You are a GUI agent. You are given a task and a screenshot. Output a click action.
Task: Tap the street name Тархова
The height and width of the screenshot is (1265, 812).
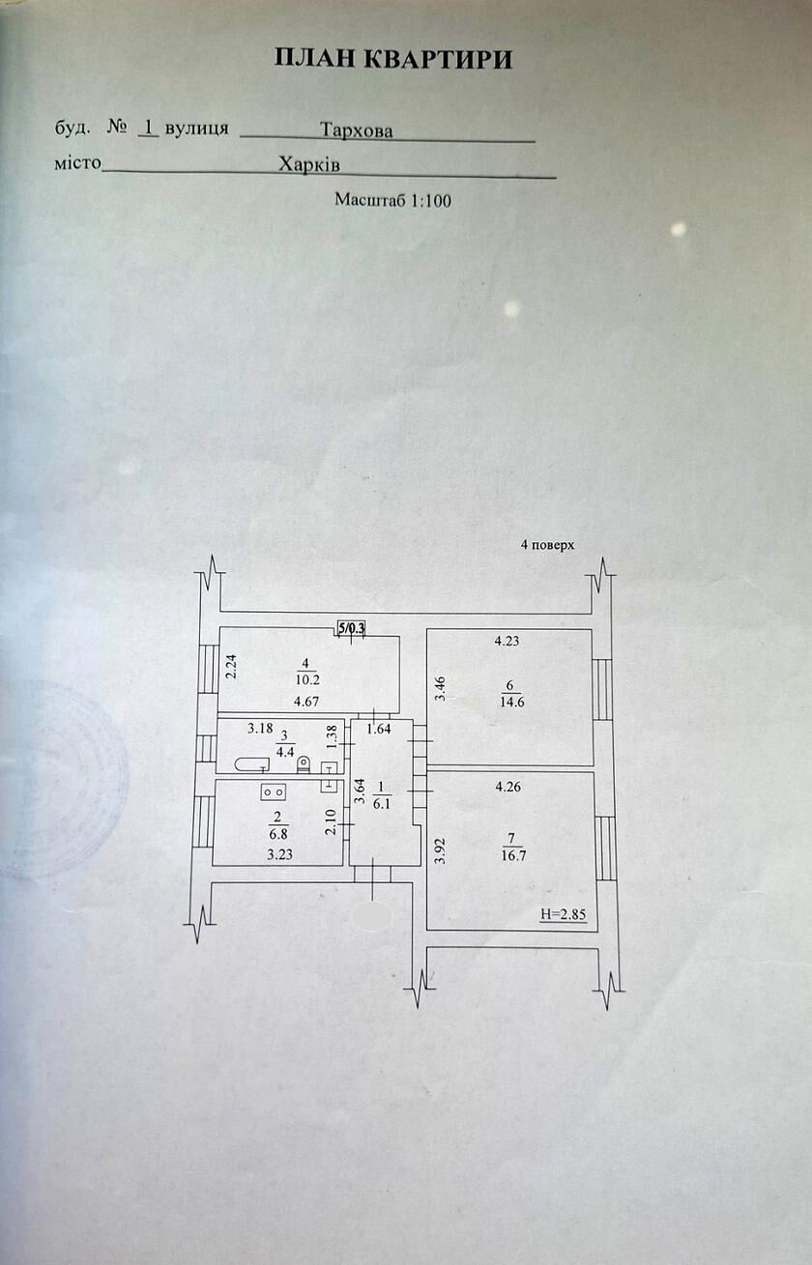(x=357, y=130)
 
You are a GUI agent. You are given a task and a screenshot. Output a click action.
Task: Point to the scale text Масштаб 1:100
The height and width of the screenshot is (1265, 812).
(x=392, y=200)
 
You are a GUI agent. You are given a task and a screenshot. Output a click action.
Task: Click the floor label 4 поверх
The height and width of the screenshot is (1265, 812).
(x=547, y=545)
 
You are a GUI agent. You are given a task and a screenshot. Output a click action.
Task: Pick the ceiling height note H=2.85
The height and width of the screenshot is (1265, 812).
(x=563, y=913)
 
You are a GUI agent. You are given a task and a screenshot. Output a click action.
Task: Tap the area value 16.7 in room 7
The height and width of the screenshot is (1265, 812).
(x=513, y=855)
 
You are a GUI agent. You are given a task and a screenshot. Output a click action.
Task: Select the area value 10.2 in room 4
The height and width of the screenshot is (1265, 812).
(x=307, y=679)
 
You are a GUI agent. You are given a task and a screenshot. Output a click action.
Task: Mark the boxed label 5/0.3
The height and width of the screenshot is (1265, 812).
(x=352, y=627)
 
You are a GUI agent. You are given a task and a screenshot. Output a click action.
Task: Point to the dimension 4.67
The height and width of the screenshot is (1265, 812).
(x=306, y=702)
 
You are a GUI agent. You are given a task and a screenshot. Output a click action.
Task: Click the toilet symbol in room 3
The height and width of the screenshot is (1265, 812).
(x=304, y=764)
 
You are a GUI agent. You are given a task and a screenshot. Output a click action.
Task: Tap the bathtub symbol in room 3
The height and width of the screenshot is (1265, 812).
(x=252, y=764)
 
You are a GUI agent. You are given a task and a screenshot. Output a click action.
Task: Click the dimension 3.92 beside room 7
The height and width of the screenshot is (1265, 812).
(x=442, y=851)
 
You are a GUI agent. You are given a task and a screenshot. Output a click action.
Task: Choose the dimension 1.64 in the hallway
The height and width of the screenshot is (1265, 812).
(x=379, y=729)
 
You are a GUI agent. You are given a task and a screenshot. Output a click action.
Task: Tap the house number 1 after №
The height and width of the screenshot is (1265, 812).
(x=149, y=127)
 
